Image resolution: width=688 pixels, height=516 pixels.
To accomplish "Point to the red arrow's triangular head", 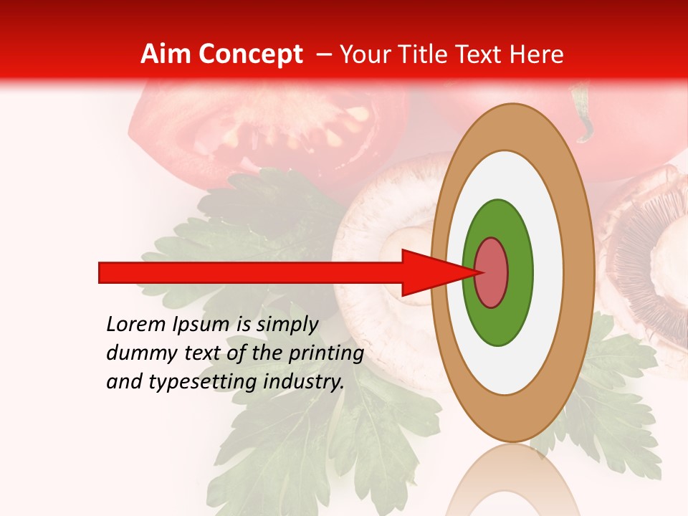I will [x=430, y=272].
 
